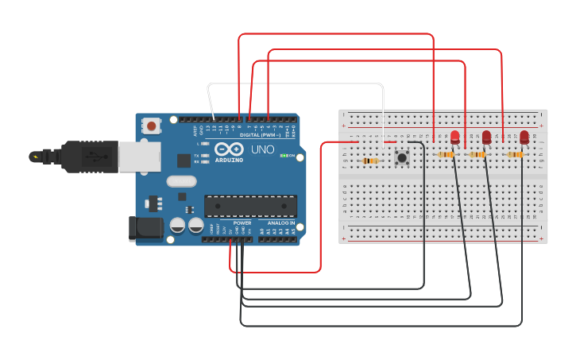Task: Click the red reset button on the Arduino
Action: click(151, 126)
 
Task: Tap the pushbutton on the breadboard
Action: click(402, 157)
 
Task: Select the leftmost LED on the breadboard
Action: click(454, 137)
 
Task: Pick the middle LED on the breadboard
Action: click(486, 137)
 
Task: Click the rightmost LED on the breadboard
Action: click(524, 137)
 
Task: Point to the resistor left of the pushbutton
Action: click(369, 161)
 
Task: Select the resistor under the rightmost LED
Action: click(516, 154)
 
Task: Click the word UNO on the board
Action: click(263, 149)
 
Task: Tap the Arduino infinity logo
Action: click(228, 149)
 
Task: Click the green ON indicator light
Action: click(284, 155)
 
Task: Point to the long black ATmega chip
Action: click(250, 206)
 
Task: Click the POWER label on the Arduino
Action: click(242, 223)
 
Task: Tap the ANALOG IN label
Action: click(280, 223)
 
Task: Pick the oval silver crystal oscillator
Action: click(181, 180)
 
